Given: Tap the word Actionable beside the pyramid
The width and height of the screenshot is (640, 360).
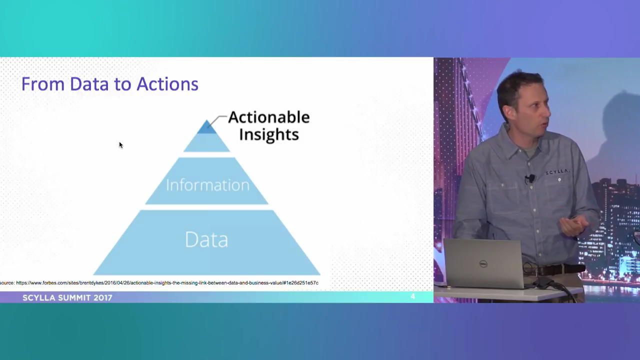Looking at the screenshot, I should click(269, 117).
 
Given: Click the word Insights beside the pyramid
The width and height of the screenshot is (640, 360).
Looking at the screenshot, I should click(269, 134).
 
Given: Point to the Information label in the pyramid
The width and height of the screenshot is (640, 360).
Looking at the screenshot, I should click(207, 185).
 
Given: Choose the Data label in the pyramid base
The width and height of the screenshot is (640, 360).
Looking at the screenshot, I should click(206, 239).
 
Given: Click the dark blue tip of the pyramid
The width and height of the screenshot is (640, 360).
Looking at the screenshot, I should click(206, 127).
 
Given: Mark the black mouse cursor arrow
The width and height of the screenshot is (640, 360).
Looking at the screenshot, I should click(120, 145).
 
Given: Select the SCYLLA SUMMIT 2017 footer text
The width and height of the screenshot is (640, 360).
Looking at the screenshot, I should click(67, 297).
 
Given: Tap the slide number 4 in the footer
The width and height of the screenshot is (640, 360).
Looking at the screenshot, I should click(412, 297).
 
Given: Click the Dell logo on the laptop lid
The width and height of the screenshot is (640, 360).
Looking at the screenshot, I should click(483, 263).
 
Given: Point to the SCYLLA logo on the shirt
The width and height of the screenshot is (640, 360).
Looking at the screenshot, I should click(557, 172).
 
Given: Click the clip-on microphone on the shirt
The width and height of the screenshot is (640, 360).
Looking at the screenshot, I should click(529, 178).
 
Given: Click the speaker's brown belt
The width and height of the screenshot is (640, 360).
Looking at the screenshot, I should click(555, 270).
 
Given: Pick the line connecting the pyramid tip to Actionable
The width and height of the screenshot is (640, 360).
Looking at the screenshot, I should click(217, 120).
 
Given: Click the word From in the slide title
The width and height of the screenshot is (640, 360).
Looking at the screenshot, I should click(42, 84).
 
